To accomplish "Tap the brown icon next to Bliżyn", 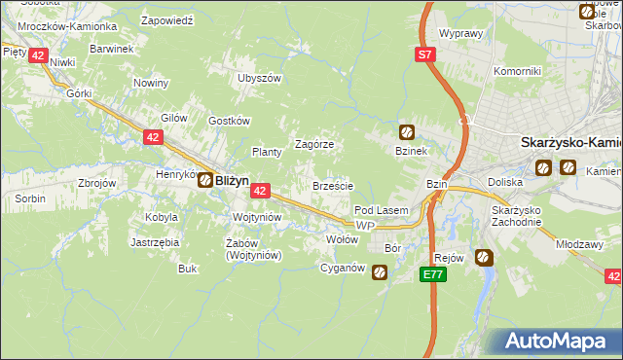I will tap(206, 180).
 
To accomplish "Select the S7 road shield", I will tap(425, 55).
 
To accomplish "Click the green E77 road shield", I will tap(434, 275).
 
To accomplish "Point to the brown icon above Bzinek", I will tap(407, 132).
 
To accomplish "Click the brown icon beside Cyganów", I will tap(380, 274).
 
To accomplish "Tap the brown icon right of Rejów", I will tap(484, 258).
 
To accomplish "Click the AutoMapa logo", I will tap(560, 342).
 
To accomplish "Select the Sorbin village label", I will tap(29, 198).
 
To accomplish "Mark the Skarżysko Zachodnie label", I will tap(516, 217).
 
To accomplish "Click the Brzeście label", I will tap(332, 185).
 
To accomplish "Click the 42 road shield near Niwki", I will tap(37, 55).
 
